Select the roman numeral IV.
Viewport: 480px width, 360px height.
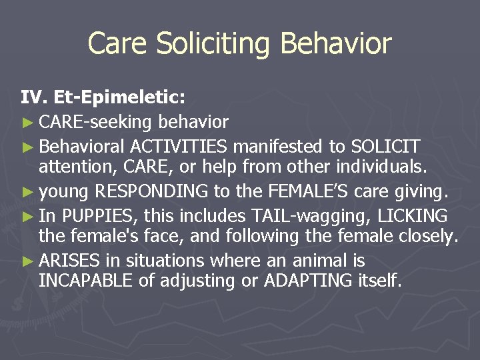coord(32,99)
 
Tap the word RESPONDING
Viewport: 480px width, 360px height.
coord(151,192)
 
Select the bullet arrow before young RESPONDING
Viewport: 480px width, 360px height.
coord(27,193)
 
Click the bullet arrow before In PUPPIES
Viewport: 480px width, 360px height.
coord(27,216)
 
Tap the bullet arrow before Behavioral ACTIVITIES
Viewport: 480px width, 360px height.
coord(27,146)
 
